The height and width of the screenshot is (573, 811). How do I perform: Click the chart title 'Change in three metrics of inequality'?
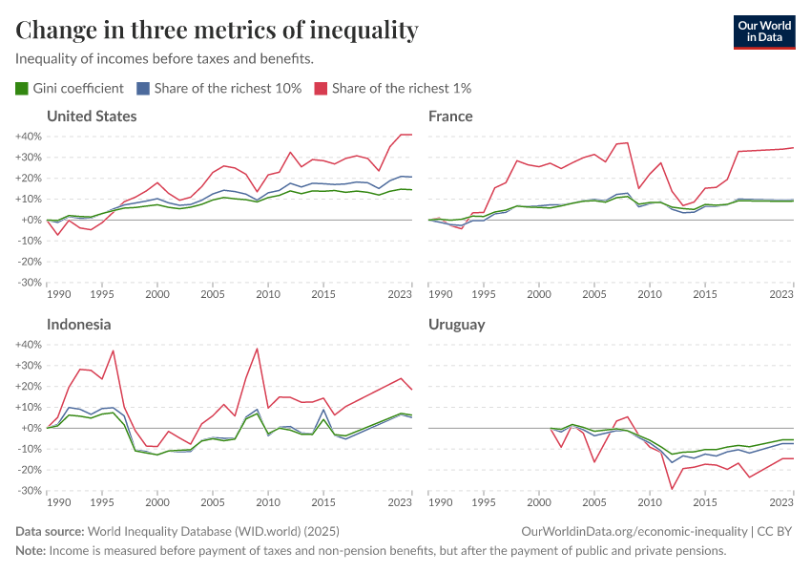point(217,31)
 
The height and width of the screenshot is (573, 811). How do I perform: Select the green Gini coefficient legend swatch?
point(22,89)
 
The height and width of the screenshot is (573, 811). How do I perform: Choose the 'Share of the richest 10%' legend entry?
point(218,89)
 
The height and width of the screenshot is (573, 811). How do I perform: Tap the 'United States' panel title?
point(92,117)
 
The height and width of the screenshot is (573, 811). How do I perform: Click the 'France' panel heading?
point(450,117)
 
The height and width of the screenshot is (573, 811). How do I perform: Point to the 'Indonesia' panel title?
point(78,325)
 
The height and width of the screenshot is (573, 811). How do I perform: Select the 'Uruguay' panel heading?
point(456,325)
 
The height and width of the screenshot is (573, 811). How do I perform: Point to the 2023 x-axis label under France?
point(781,294)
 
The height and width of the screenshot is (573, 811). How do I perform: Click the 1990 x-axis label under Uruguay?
point(441,502)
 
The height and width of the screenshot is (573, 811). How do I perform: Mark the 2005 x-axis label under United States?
point(213,294)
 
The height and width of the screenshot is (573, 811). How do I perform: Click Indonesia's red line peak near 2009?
point(257,349)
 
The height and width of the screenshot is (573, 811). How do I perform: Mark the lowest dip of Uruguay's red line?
point(672,489)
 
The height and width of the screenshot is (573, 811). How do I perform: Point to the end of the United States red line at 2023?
point(411,135)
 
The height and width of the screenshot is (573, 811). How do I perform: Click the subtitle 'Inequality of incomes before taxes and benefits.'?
point(165,59)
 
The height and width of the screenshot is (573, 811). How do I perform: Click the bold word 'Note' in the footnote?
point(30,551)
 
